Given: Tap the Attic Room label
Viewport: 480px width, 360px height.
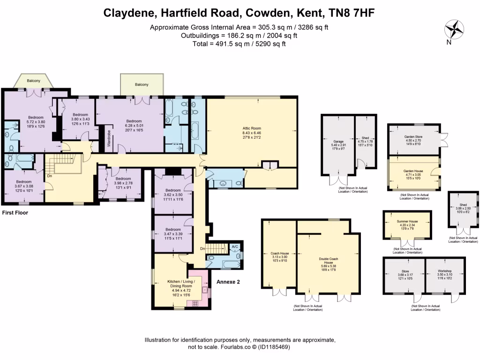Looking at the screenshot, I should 251,127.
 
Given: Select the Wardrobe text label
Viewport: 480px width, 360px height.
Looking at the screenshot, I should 109,139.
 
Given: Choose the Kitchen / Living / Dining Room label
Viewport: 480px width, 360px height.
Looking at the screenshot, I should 180,284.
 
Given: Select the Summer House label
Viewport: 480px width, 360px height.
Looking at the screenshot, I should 407,220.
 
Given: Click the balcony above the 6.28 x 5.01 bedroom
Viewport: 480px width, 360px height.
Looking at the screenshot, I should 142,84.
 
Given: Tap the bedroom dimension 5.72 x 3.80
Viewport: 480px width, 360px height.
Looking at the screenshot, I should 36,122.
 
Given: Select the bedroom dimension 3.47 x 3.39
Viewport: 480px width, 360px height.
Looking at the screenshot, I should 173,234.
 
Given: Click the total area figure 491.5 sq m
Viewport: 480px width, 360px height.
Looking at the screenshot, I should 216,44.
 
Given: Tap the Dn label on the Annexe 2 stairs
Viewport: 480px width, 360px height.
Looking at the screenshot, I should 202,248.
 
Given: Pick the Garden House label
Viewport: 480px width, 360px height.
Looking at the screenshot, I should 413,172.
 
